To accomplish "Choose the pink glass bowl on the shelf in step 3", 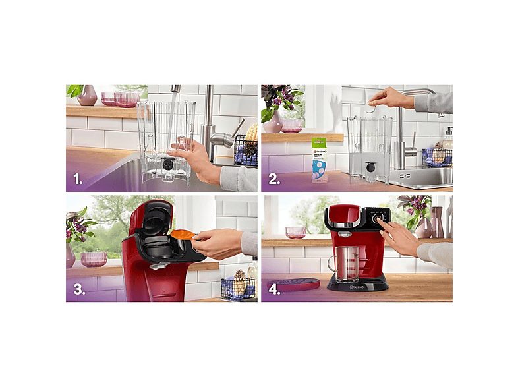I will [x=94, y=258].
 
